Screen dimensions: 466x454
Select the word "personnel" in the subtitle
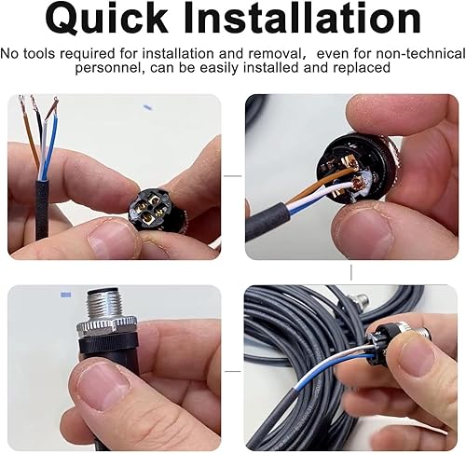pos(110,68)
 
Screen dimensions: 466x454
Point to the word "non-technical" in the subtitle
pos(421,53)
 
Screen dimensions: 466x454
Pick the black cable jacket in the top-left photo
pos(42,211)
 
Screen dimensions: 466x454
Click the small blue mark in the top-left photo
pos(147,107)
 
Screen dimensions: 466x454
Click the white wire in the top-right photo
pos(320,194)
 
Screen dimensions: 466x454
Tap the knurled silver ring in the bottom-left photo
pos(107,327)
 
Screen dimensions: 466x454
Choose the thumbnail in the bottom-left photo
pos(103,387)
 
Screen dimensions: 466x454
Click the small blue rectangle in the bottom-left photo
pos(66,295)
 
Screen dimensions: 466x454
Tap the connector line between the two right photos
pos(351,272)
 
